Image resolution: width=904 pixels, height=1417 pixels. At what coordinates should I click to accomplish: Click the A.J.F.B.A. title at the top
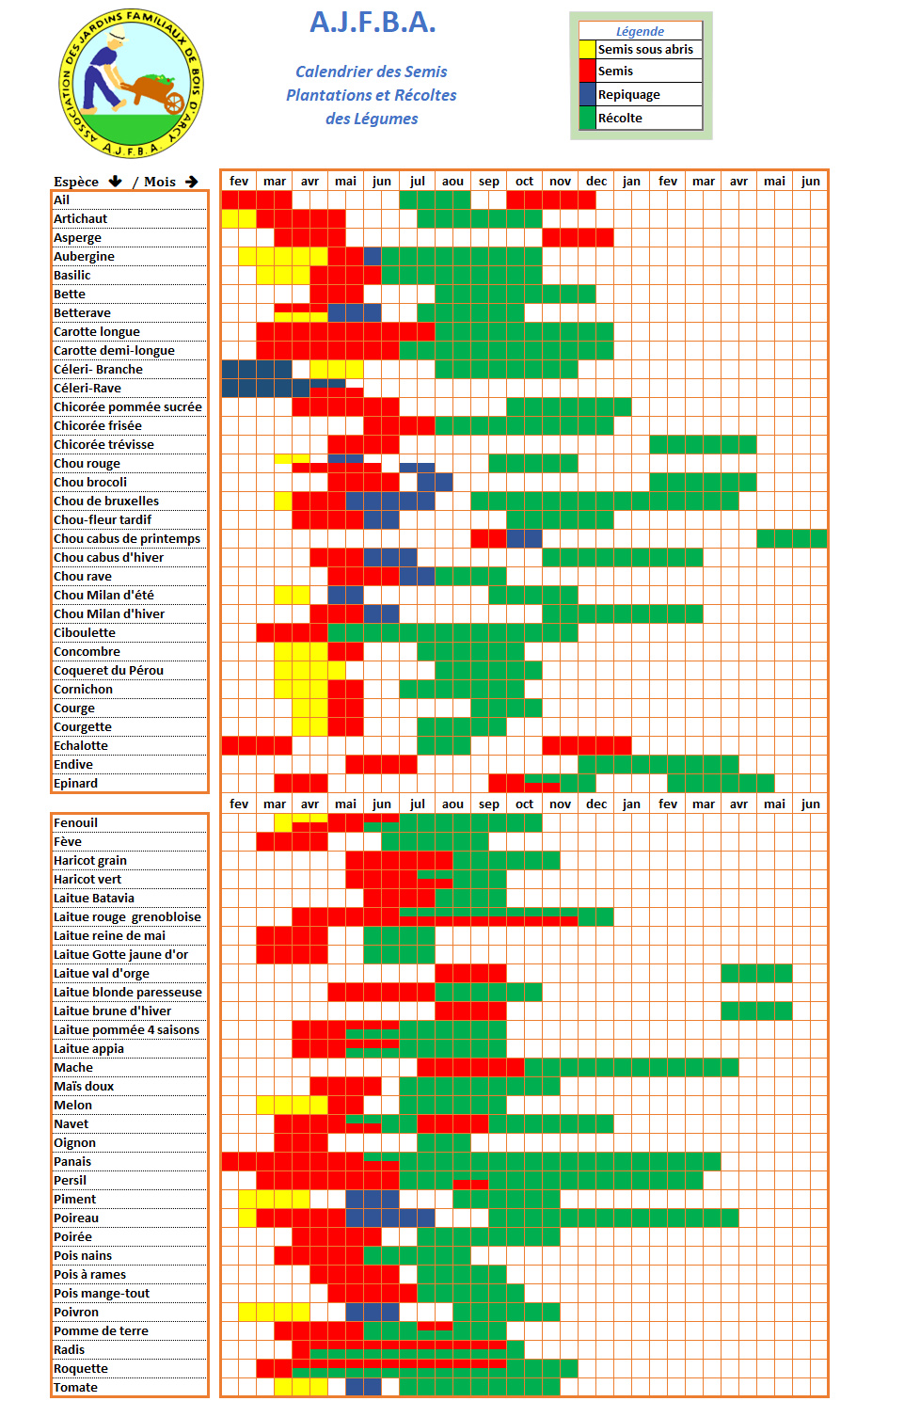(x=373, y=23)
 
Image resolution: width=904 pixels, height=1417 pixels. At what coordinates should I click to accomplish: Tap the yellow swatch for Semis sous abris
(x=587, y=50)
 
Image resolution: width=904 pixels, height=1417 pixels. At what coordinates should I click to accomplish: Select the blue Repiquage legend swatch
(x=587, y=94)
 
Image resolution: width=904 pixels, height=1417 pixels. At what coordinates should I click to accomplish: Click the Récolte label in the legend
(x=620, y=119)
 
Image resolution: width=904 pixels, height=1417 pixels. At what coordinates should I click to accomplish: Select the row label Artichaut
(x=80, y=219)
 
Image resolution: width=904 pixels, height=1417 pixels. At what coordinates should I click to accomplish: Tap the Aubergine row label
(x=84, y=257)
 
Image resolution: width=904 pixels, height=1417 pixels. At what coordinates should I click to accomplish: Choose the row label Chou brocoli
(x=90, y=483)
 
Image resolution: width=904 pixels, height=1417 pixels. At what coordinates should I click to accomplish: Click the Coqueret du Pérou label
(x=108, y=671)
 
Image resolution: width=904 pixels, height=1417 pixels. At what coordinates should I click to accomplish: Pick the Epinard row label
(x=75, y=784)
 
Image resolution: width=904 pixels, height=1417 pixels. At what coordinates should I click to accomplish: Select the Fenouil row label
(x=75, y=823)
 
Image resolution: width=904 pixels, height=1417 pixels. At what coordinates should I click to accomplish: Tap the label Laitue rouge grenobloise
(x=127, y=917)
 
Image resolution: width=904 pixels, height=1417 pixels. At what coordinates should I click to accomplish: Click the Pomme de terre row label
(x=101, y=1331)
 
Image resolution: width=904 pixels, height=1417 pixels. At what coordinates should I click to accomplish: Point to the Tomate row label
(x=75, y=1388)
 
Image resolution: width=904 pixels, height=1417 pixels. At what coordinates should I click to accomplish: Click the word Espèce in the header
(x=76, y=182)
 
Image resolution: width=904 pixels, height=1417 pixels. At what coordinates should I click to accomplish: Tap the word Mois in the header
(x=160, y=182)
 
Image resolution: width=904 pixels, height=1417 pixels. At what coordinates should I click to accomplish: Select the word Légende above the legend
(x=640, y=32)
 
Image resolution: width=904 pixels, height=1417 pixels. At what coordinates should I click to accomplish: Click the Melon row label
(x=72, y=1106)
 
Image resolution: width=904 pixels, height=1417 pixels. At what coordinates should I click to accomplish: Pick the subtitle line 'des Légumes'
(x=372, y=119)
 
